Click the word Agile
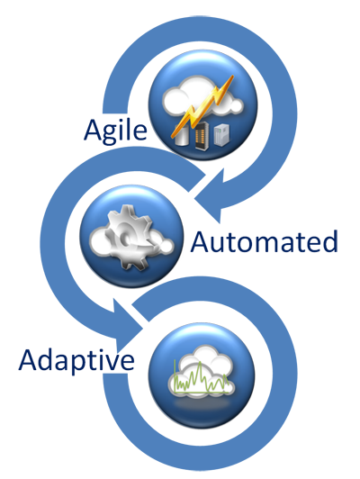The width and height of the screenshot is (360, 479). pyautogui.click(x=115, y=131)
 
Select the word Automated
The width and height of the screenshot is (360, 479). pyautogui.click(x=264, y=241)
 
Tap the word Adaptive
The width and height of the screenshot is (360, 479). pyautogui.click(x=76, y=361)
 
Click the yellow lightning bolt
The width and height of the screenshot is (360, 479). pyautogui.click(x=202, y=106)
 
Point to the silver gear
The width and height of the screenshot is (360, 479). pyautogui.click(x=128, y=237)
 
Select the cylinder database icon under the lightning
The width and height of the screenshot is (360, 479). pyautogui.click(x=182, y=134)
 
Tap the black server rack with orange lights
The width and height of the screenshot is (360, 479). pyautogui.click(x=202, y=136)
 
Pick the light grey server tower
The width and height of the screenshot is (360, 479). pyautogui.click(x=221, y=134)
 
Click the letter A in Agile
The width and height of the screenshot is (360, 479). pyautogui.click(x=94, y=130)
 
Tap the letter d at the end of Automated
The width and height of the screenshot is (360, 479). pyautogui.click(x=329, y=241)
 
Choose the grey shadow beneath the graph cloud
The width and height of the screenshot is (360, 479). pyautogui.click(x=202, y=404)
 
